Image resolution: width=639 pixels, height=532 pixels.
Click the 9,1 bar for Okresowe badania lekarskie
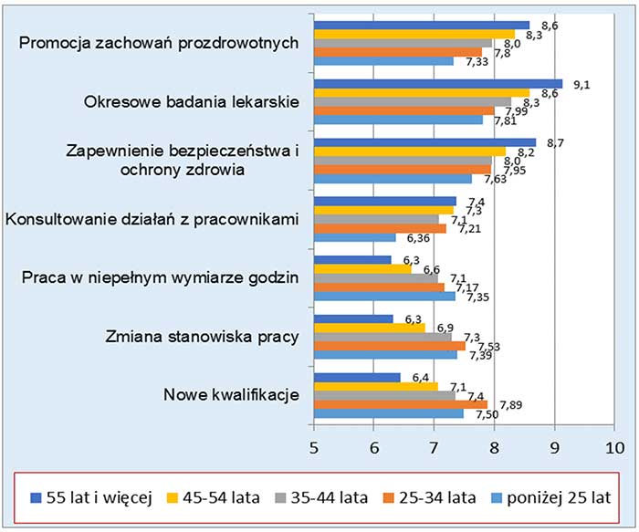(x=438, y=83)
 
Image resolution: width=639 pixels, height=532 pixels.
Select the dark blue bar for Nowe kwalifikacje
(x=357, y=377)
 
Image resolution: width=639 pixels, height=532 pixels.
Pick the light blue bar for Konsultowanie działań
(x=355, y=237)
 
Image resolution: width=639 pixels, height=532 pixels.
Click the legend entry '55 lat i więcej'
(x=88, y=497)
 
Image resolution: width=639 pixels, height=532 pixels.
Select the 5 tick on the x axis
(x=314, y=449)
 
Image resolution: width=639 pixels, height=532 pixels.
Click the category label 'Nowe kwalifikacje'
(x=232, y=395)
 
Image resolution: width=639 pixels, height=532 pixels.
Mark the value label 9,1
(x=581, y=84)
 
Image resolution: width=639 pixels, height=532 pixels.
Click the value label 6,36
(x=419, y=239)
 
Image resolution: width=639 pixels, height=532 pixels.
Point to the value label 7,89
(x=508, y=405)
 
